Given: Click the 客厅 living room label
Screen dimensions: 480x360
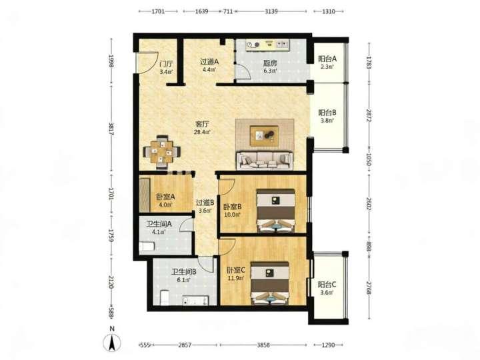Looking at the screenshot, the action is (x=203, y=124).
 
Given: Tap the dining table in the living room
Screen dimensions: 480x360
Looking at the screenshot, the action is (x=161, y=151).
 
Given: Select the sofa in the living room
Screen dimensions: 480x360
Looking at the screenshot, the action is (x=264, y=161).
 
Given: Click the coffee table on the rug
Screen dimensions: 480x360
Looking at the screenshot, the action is (x=264, y=135).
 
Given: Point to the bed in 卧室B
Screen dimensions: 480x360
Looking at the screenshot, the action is (x=276, y=211).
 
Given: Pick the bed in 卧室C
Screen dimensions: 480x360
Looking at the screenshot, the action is (x=270, y=283).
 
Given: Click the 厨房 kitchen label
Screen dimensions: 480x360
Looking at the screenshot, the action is (x=270, y=63).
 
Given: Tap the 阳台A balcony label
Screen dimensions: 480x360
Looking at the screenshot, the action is (x=327, y=59).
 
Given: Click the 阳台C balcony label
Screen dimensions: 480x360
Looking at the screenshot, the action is (x=327, y=285).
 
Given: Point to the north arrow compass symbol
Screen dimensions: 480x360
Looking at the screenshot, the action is (x=112, y=341).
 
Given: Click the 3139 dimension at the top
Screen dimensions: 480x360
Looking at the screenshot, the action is (x=271, y=11).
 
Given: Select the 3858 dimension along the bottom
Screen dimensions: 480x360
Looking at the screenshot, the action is (x=263, y=345).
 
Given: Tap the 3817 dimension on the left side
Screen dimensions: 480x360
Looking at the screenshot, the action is (x=111, y=129).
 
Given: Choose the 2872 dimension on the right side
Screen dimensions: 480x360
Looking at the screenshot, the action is (x=369, y=116).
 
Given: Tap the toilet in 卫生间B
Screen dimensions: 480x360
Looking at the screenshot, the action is (x=165, y=298).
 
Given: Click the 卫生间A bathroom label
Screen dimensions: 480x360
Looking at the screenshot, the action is (x=159, y=224).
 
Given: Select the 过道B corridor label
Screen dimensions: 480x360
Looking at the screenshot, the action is (x=205, y=203).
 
